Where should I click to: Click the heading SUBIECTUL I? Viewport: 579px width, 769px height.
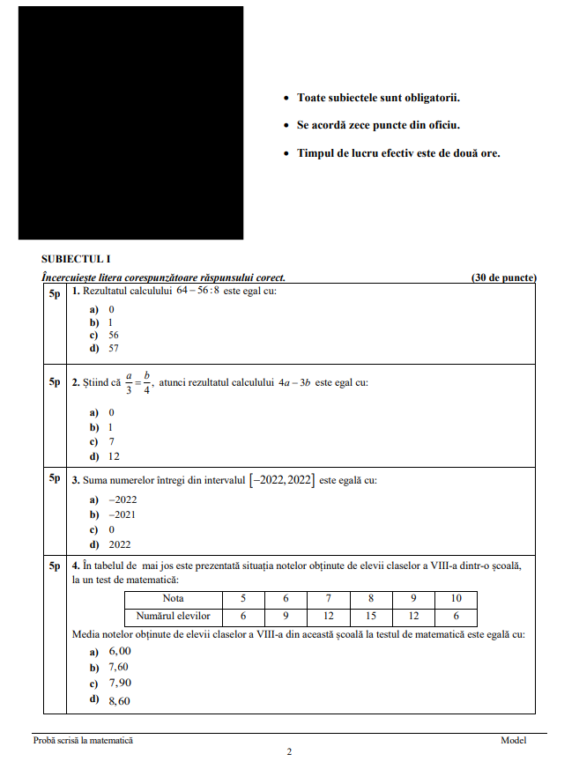[x=76, y=259]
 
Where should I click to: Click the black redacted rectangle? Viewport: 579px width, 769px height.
[x=130, y=122]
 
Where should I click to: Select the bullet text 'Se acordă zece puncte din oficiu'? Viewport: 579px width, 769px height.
[x=378, y=125]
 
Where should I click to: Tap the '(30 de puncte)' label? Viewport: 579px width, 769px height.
[x=504, y=277]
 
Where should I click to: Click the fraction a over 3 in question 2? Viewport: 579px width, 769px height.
[x=129, y=383]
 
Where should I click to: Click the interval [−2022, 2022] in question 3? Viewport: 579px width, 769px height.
[x=281, y=480]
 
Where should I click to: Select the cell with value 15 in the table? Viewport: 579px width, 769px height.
[x=371, y=617]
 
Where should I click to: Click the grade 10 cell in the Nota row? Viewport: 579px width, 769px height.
[x=456, y=599]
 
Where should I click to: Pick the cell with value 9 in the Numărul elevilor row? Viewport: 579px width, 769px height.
[x=286, y=617]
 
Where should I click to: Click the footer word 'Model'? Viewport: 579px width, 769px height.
[x=513, y=741]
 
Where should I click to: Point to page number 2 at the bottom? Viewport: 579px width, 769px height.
[x=289, y=751]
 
